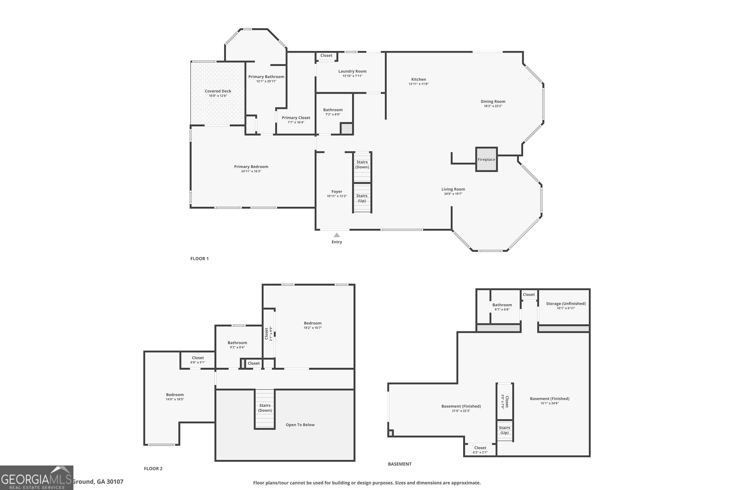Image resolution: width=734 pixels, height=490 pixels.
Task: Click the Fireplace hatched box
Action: click(486, 159)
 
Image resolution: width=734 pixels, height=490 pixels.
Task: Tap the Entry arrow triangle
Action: click(337, 235)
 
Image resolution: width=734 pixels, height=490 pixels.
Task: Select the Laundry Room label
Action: click(352, 71)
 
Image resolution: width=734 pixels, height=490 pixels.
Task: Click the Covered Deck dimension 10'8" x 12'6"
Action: click(218, 96)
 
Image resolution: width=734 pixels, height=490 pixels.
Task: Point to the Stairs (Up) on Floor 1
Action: click(362, 198)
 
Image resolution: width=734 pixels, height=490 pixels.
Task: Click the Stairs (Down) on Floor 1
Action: click(362, 164)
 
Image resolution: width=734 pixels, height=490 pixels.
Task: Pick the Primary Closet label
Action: click(296, 118)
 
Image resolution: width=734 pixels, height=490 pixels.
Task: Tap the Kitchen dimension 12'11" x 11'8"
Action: click(418, 84)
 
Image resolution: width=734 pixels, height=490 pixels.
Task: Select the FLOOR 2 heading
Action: click(153, 468)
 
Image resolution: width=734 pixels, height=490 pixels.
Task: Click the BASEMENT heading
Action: click(400, 464)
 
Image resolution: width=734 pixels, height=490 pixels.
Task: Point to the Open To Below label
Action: click(300, 425)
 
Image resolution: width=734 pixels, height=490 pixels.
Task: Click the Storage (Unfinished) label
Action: click(566, 304)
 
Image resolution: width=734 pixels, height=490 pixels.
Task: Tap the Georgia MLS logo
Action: click(36, 478)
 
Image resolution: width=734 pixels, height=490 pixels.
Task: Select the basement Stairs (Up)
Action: click(504, 430)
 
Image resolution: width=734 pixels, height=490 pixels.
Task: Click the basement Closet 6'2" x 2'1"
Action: click(480, 450)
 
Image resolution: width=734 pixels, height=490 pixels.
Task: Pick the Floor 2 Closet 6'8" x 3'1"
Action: click(198, 360)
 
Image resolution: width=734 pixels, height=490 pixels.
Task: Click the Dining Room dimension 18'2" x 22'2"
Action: click(493, 106)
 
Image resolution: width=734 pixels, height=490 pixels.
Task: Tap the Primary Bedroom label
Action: click(251, 167)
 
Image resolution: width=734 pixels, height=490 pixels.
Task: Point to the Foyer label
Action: click(337, 192)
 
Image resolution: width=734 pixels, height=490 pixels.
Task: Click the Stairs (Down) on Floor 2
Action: click(265, 408)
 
